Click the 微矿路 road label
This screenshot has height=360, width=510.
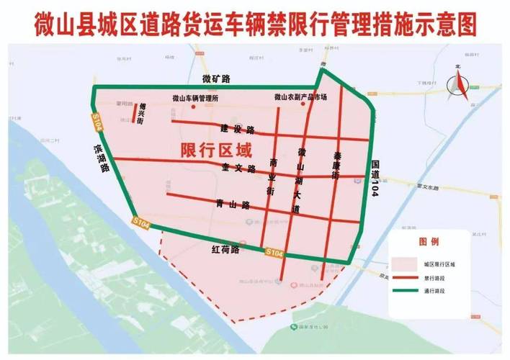(215, 78)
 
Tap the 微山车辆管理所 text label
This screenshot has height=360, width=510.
(195, 98)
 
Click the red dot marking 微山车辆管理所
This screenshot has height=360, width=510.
(194, 107)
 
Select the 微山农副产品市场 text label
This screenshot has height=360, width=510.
(300, 98)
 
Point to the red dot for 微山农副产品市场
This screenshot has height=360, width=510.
(303, 105)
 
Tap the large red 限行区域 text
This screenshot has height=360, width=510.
(216, 151)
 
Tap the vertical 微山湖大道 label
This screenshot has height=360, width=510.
(298, 180)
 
